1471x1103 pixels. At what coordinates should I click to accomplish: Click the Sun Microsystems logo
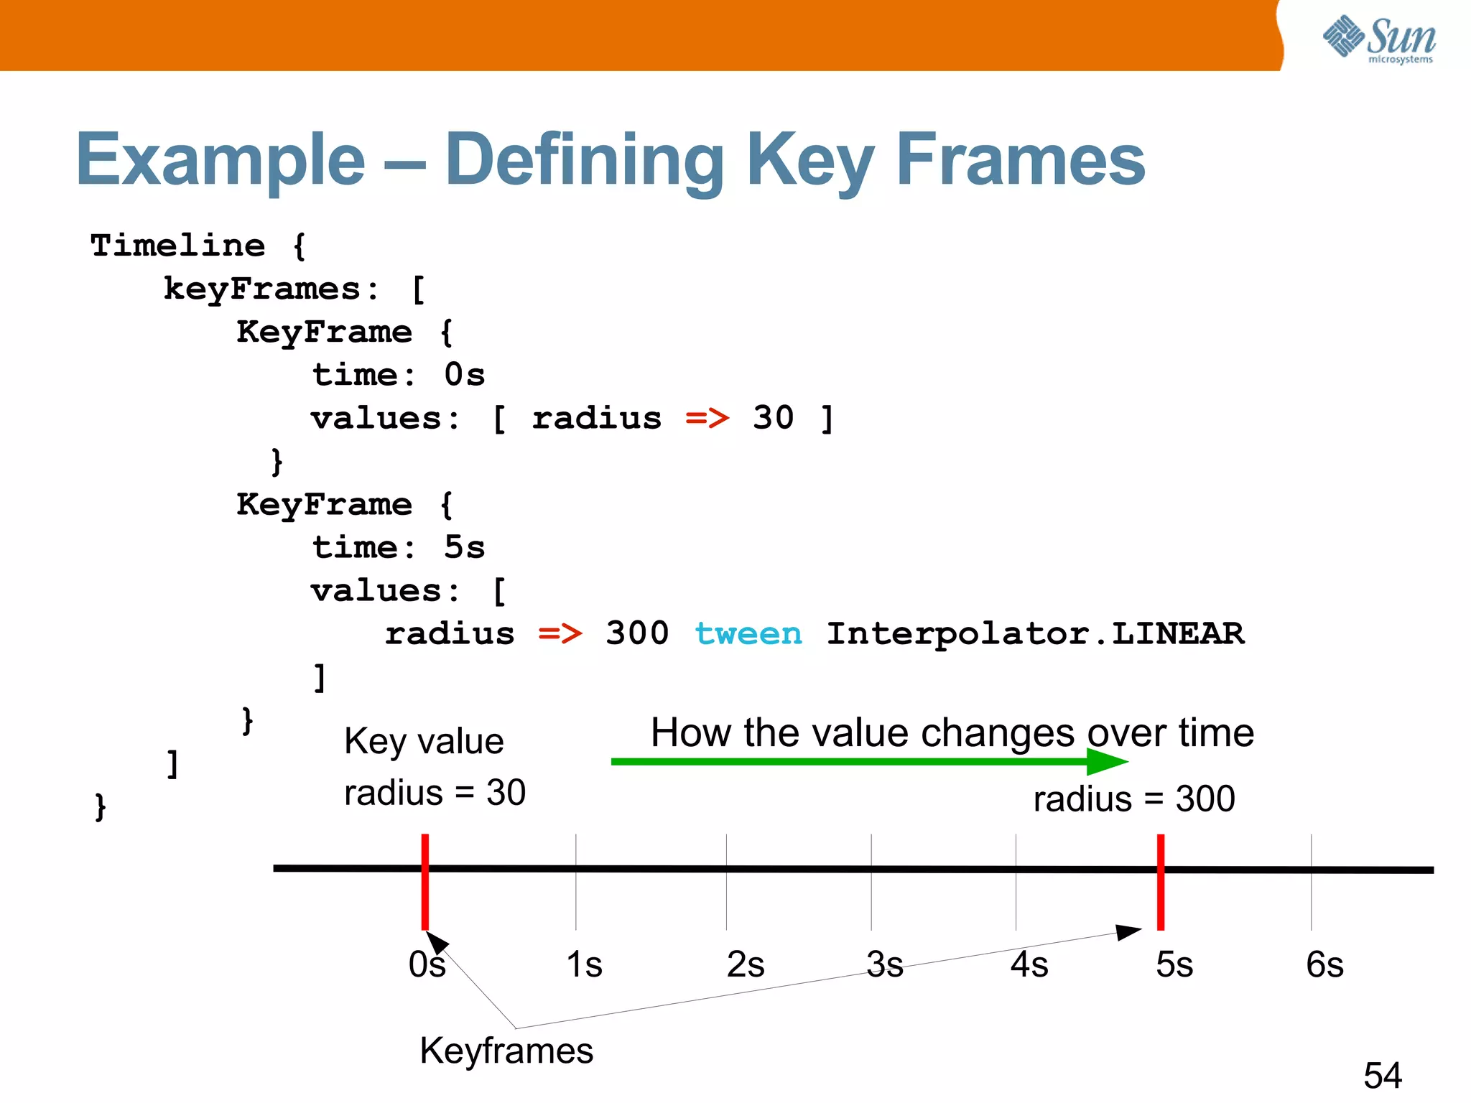[1379, 39]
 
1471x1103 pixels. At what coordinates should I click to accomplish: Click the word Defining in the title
[584, 161]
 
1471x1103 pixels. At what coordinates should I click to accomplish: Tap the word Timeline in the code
[177, 246]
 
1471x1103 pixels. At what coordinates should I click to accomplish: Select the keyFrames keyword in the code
[262, 289]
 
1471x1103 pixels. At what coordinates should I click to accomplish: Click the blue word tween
[748, 633]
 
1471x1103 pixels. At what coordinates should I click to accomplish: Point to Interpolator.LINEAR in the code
[1035, 633]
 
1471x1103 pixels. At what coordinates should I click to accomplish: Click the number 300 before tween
[636, 633]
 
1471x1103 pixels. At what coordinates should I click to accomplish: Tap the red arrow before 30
[707, 418]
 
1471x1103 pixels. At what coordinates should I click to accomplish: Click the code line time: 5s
[399, 548]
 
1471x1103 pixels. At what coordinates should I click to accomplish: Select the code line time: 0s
[399, 375]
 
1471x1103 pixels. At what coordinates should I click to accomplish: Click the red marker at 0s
[425, 882]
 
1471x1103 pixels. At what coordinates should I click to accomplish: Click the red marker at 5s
[1161, 882]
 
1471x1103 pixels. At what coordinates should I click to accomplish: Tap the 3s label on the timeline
[884, 964]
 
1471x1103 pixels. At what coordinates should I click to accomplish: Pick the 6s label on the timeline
[1324, 964]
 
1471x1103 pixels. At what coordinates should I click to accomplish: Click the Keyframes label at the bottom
[506, 1051]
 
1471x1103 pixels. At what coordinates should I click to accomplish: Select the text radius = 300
[1133, 799]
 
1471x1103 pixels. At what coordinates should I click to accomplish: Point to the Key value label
[424, 742]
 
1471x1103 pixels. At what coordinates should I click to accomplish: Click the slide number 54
[1382, 1076]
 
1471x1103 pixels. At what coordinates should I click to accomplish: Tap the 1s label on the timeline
[584, 964]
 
